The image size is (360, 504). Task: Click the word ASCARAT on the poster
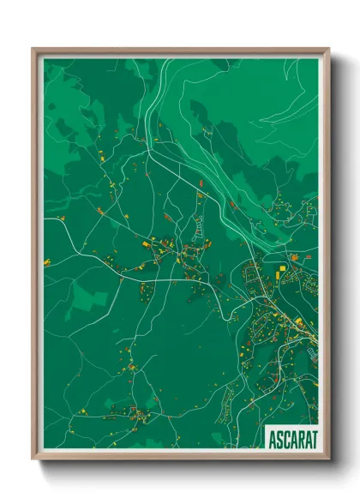click(x=291, y=438)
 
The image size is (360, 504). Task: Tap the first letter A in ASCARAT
click(x=273, y=438)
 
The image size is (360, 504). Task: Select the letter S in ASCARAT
click(x=279, y=438)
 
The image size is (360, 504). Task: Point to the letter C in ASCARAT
click(x=285, y=438)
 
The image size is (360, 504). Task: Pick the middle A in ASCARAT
click(x=292, y=438)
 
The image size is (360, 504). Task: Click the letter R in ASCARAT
click(x=299, y=438)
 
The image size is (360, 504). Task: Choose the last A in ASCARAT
click(x=306, y=438)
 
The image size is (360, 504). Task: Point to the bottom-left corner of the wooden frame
click(x=33, y=459)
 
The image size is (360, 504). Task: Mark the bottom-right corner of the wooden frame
click(x=328, y=459)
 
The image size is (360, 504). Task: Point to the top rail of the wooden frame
click(x=180, y=51)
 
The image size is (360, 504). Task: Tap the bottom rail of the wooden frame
click(x=180, y=457)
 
